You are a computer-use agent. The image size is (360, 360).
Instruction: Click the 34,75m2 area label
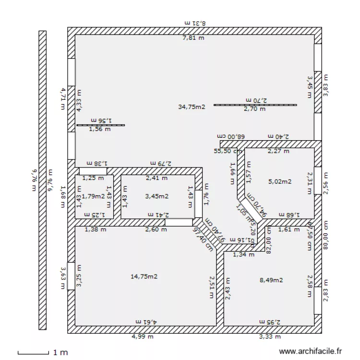click(x=192, y=107)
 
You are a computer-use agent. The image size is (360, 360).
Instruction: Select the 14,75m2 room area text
click(x=144, y=276)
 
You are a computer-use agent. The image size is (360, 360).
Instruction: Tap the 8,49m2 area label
click(x=271, y=280)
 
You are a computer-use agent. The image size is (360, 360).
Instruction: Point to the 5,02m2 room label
click(x=280, y=181)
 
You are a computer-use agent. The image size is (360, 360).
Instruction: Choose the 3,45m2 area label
click(x=157, y=196)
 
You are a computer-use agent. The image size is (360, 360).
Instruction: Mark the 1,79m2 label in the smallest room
click(x=93, y=196)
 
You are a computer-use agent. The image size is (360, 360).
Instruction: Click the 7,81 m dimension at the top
click(x=193, y=38)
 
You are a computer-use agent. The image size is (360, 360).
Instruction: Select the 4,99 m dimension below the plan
click(x=143, y=336)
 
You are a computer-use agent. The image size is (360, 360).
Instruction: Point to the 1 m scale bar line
click(x=33, y=354)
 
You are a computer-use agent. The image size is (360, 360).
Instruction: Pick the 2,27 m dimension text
click(x=278, y=151)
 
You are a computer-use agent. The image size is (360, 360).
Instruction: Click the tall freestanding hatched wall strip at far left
click(x=42, y=180)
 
